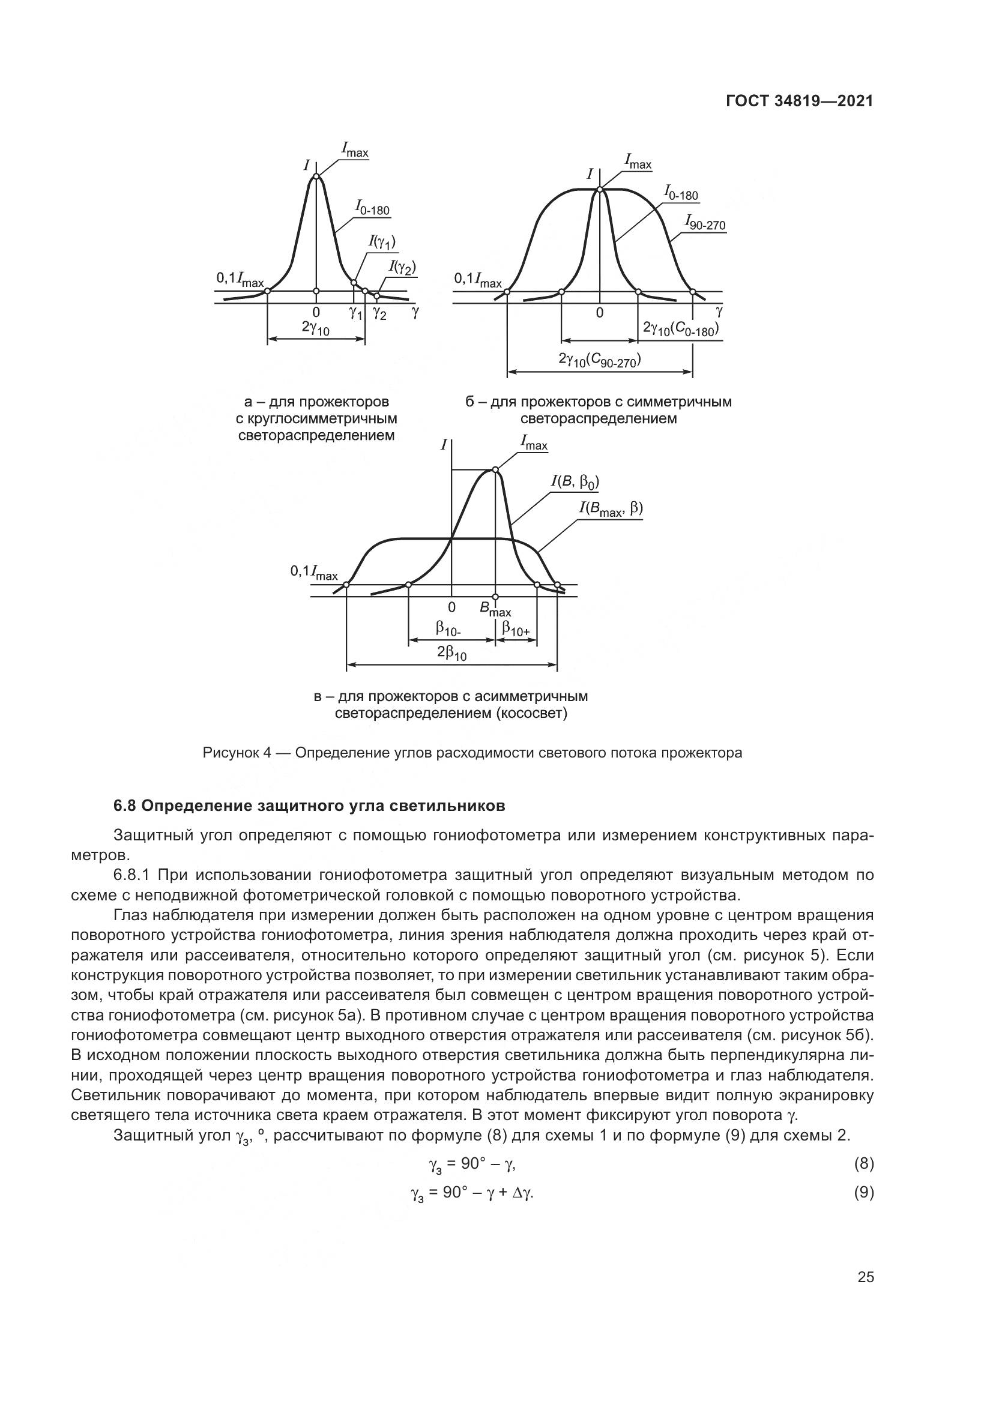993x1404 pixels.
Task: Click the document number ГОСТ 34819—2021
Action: point(799,101)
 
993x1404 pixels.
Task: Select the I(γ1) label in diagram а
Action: point(382,243)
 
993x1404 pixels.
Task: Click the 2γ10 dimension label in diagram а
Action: point(316,328)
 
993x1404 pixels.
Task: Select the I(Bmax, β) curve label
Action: point(611,509)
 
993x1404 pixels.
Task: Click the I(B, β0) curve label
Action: point(575,482)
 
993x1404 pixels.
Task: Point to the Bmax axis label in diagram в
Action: point(495,609)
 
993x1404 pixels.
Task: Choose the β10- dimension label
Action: point(448,628)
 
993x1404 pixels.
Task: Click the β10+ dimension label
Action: point(516,628)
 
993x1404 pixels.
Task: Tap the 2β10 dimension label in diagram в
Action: point(452,653)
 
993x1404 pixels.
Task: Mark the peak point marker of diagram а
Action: point(316,176)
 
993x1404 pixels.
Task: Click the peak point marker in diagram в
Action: point(495,469)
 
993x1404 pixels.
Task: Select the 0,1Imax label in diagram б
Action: point(477,281)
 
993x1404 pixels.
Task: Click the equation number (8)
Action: point(863,1164)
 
